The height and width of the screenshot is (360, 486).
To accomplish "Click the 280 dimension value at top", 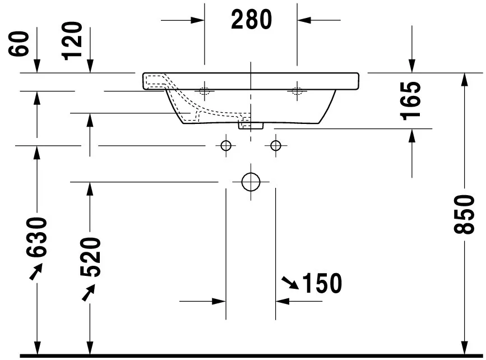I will [251, 20].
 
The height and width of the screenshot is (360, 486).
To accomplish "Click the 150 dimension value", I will [322, 284].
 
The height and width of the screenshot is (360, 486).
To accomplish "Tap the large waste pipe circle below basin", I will [251, 182].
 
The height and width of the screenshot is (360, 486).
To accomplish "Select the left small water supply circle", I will [226, 146].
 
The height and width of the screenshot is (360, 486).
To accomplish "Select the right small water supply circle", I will [275, 146].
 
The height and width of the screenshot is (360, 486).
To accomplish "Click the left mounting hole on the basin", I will [204, 90].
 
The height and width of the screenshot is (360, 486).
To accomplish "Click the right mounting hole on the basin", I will [297, 90].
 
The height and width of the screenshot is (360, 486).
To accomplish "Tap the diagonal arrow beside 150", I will [290, 283].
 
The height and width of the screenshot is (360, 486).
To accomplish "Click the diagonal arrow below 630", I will [35, 273].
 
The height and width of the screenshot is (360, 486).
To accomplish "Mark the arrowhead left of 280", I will [197, 20].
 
